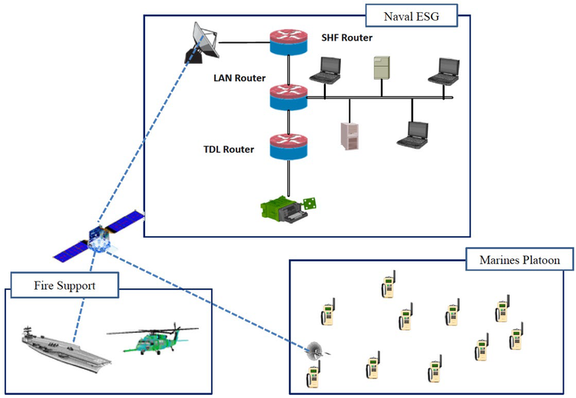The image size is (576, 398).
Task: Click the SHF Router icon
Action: tap(288, 43)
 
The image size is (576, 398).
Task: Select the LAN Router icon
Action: tap(288, 97)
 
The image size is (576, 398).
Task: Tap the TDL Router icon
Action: tap(288, 146)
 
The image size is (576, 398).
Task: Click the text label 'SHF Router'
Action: tap(346, 38)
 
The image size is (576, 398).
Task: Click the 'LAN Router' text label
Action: tap(240, 77)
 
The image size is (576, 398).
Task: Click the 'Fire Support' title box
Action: tap(65, 286)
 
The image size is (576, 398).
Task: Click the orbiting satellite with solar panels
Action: tap(98, 240)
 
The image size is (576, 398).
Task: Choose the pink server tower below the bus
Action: tap(349, 135)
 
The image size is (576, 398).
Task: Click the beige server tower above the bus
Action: tap(382, 67)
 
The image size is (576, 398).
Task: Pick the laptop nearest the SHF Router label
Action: tap(325, 71)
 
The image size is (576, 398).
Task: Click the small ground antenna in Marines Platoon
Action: tap(315, 352)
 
